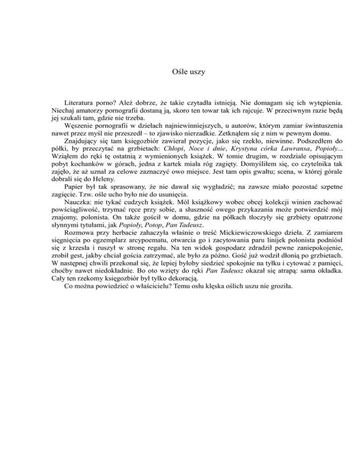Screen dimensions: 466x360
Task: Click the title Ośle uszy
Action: (x=180, y=72)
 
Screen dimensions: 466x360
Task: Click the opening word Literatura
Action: (x=80, y=101)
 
